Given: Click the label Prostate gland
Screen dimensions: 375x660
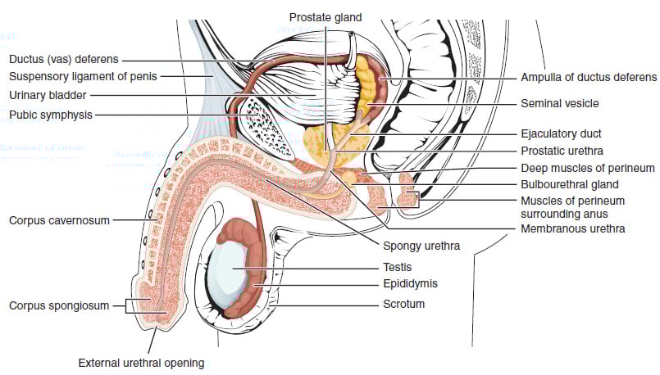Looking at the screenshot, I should [325, 17].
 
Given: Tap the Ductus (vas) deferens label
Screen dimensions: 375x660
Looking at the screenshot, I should [65, 60].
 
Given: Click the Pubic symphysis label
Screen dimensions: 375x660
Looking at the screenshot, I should [51, 115].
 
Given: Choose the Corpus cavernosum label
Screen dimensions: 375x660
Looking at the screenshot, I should [59, 220].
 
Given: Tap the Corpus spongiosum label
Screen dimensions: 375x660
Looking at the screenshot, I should [59, 305].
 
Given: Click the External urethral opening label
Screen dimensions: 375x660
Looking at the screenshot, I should [141, 362].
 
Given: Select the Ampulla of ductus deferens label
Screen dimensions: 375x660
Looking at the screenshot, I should [589, 78].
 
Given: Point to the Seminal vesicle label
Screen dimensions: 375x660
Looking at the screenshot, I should [560, 104].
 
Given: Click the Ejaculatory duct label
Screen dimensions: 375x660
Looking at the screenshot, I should [561, 133].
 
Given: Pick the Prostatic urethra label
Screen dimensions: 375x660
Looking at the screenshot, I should [562, 151].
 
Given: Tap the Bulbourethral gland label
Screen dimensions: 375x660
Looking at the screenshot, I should [569, 184].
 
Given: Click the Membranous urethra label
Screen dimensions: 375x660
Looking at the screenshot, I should [573, 228].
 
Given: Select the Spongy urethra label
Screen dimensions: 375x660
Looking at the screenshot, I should [421, 245].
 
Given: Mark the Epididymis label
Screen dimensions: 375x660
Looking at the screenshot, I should [410, 283].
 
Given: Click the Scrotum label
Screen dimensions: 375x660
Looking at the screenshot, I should [403, 304].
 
